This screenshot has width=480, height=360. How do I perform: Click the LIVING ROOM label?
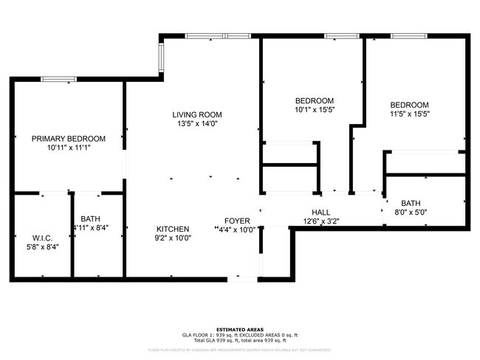pos(197,114)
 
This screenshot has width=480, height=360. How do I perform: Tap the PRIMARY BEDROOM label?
pos(68,138)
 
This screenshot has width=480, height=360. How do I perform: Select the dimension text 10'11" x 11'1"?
pos(68,148)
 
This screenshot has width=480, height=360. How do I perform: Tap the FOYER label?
pos(237,221)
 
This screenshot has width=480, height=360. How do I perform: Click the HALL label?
pos(320,211)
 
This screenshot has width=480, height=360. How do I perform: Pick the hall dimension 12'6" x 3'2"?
pos(320,221)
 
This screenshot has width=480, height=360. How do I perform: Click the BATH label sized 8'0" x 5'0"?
pos(411,204)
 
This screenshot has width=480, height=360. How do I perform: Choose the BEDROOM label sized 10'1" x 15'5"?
pos(315,101)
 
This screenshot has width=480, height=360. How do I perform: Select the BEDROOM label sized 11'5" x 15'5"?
pos(409,105)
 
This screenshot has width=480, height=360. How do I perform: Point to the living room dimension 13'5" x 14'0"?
pos(197,124)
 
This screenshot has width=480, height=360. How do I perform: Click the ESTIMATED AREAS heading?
pos(240,330)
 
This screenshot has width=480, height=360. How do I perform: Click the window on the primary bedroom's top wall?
pos(59,79)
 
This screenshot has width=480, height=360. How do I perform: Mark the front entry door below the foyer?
pos(238,278)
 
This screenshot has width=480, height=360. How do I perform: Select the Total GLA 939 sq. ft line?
pos(240,340)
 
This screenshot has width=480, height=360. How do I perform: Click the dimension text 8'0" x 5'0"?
pos(411,213)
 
